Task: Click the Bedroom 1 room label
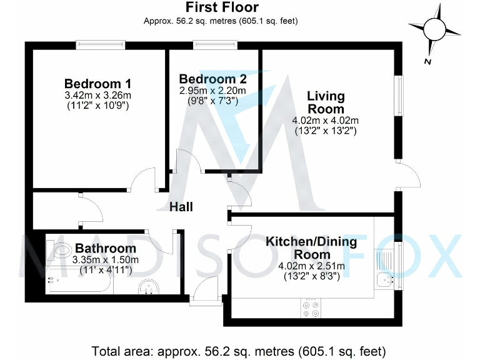[x=97, y=84]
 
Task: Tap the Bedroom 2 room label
[x=212, y=79]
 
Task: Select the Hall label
[x=181, y=207]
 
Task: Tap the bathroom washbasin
[x=149, y=287]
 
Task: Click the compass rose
[x=436, y=28]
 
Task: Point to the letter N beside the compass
[x=426, y=61]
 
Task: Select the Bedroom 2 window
[x=216, y=44]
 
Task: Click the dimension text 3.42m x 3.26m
[x=97, y=96]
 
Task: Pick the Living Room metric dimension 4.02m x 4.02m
[x=325, y=120]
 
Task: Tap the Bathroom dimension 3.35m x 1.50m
[x=106, y=259]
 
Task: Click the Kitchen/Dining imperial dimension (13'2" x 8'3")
[x=311, y=276]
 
